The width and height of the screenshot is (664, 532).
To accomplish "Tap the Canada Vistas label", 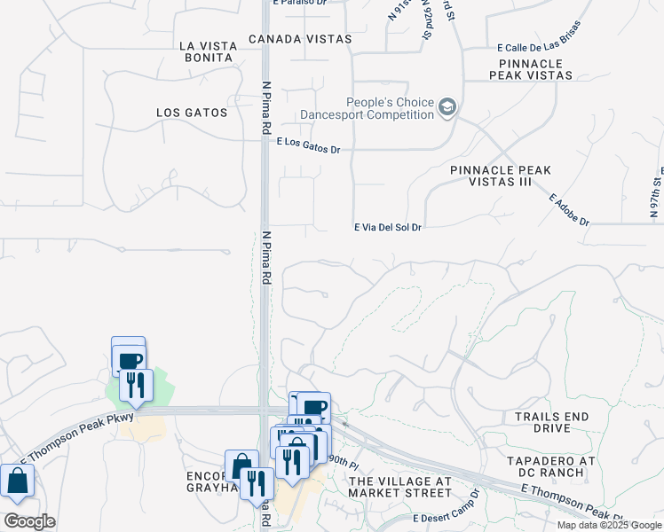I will tap(300, 39).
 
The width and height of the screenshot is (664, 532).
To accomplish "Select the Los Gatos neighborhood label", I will tap(192, 113).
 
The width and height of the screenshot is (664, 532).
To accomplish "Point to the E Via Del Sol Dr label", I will tap(387, 227).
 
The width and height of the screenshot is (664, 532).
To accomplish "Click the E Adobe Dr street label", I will tap(569, 209).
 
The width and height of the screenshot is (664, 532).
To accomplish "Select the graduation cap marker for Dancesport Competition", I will tap(448, 108).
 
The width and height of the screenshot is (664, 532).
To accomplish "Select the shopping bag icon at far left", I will tap(17, 481).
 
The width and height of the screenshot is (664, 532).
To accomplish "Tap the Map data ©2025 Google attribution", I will tap(609, 525).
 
